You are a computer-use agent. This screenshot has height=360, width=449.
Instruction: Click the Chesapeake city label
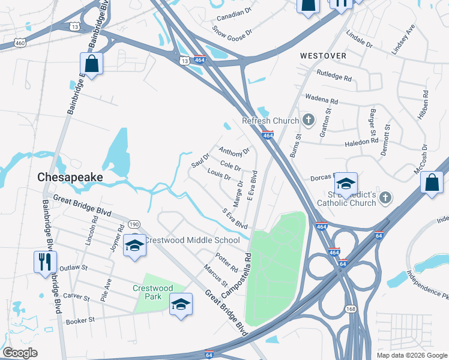tap(70, 178)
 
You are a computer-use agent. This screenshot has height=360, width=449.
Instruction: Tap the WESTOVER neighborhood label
tap(323, 56)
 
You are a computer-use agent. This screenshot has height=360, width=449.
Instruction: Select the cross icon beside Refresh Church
tap(309, 121)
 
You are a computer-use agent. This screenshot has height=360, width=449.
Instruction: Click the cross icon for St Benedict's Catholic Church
tap(385, 197)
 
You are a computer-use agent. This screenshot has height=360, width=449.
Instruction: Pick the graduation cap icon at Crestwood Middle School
tap(134, 245)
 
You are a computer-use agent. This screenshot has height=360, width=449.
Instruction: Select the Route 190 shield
tap(134, 224)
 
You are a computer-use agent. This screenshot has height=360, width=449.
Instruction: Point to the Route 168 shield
tap(349, 308)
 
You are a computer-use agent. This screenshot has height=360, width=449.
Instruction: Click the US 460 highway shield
tap(20, 43)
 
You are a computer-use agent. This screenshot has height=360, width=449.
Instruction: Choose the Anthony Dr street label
tap(234, 151)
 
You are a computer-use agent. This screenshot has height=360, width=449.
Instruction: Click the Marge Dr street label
tap(238, 193)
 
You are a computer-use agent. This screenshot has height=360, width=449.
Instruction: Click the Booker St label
tap(80, 320)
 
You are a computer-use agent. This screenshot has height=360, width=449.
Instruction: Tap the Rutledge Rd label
tap(334, 75)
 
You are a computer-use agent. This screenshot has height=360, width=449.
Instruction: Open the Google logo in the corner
tap(20, 353)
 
